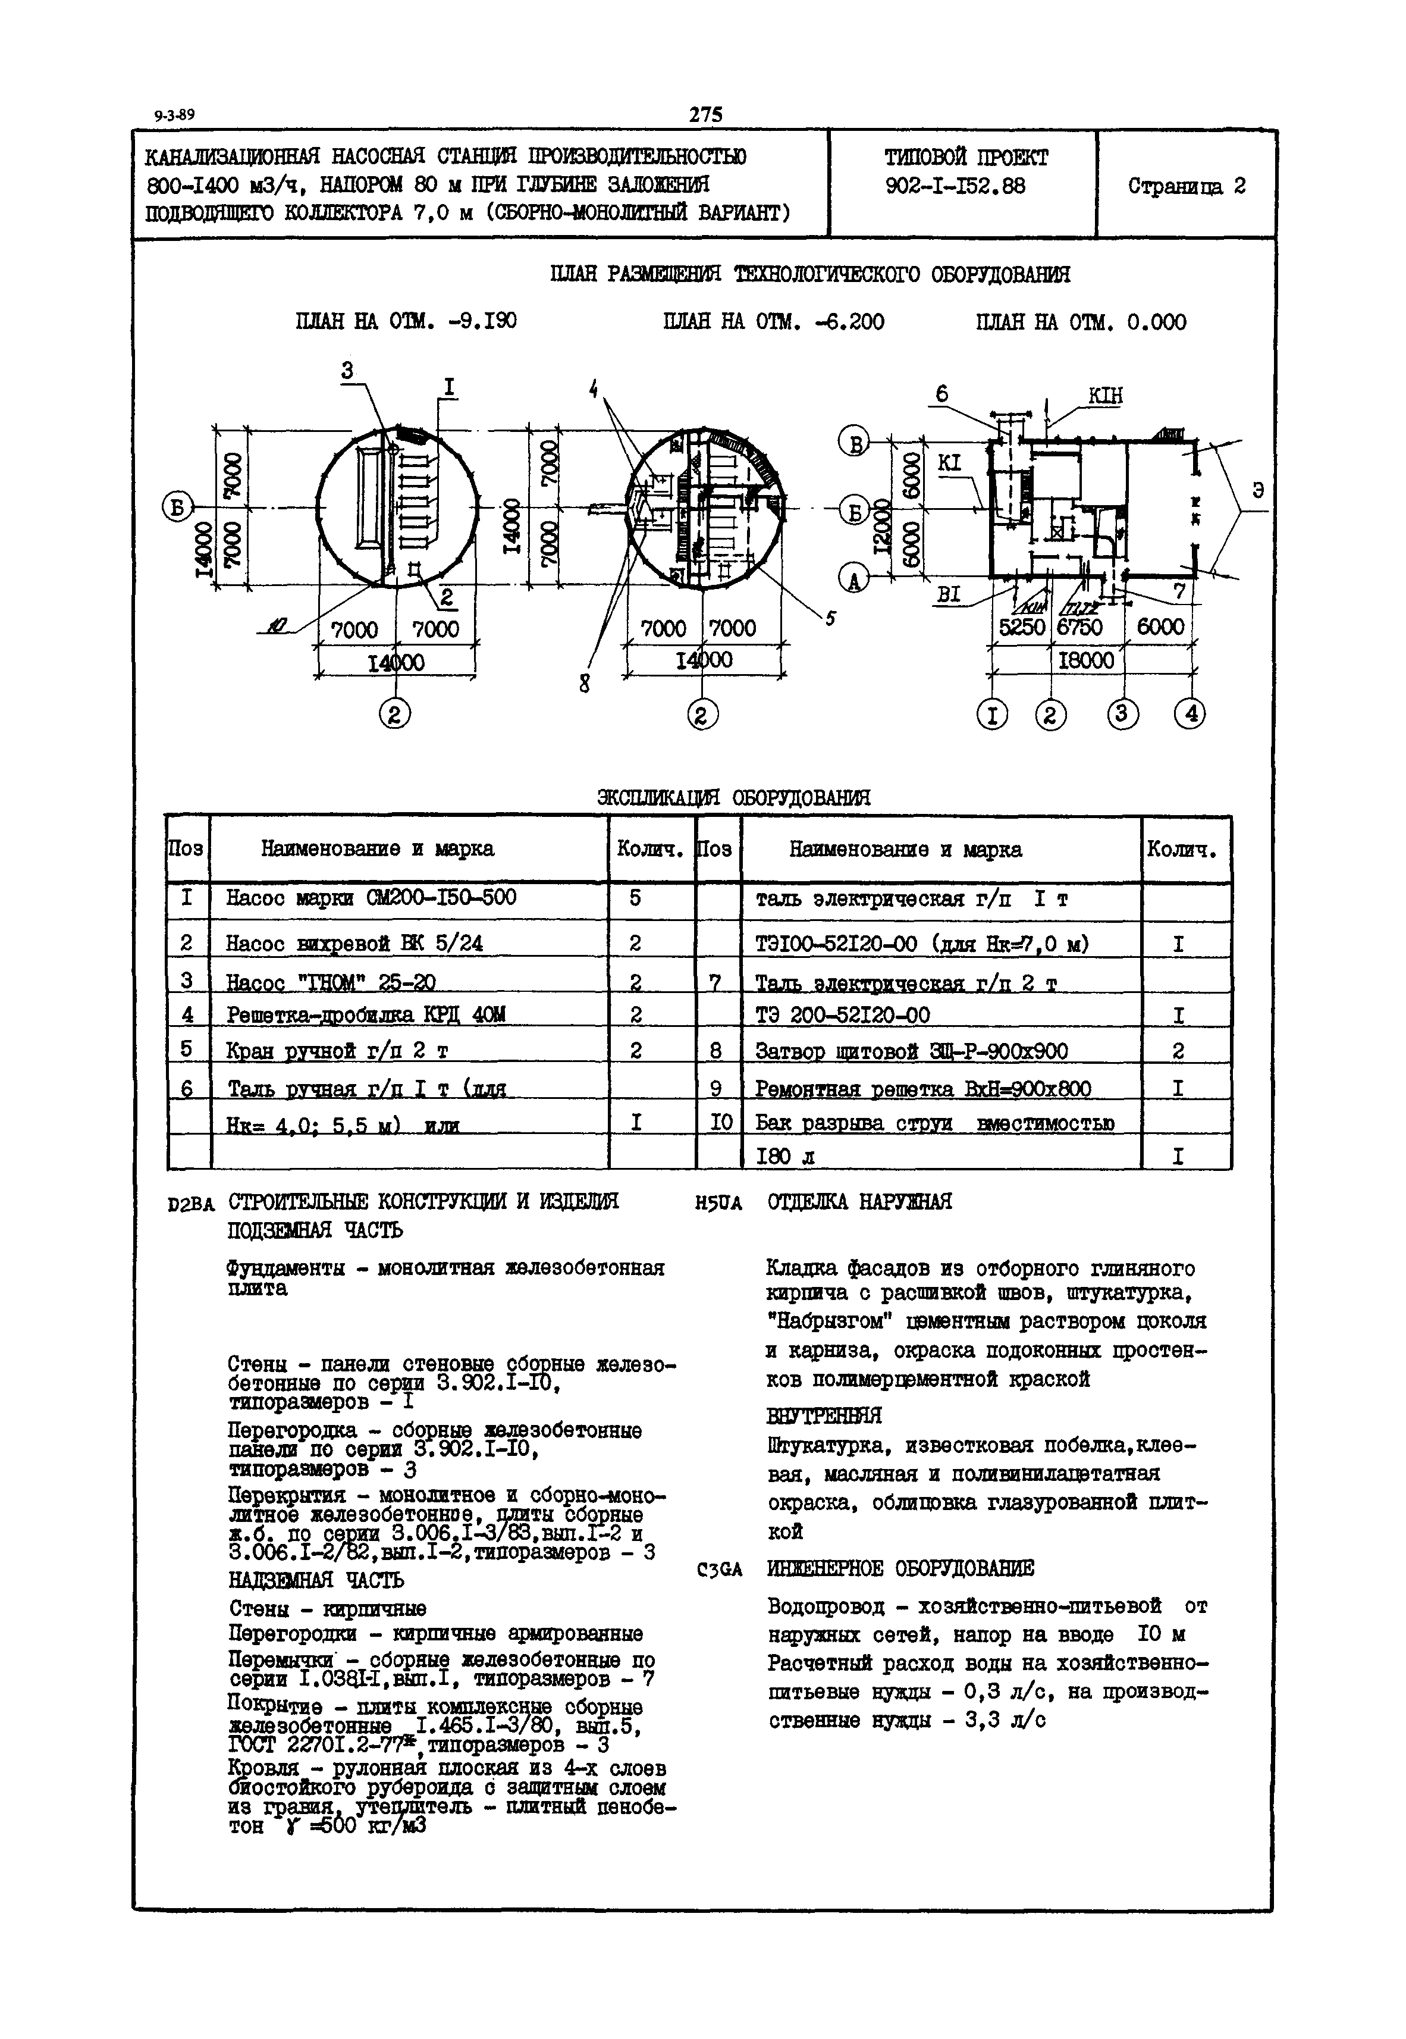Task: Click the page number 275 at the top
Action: pyautogui.click(x=705, y=115)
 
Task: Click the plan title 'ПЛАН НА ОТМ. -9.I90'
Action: pyautogui.click(x=406, y=322)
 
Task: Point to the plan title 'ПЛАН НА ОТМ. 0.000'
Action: pyautogui.click(x=1081, y=322)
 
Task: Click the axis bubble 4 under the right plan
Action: pyautogui.click(x=1190, y=713)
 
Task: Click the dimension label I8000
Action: pyautogui.click(x=1085, y=660)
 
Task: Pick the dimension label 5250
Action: pyautogui.click(x=1021, y=627)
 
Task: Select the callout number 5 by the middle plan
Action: pyautogui.click(x=829, y=619)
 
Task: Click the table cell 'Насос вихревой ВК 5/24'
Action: pyautogui.click(x=354, y=944)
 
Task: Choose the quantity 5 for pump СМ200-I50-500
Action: pyautogui.click(x=635, y=898)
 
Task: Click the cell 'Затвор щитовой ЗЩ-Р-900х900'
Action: pyautogui.click(x=912, y=1051)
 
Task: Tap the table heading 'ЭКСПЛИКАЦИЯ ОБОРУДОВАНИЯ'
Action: pyautogui.click(x=733, y=797)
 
